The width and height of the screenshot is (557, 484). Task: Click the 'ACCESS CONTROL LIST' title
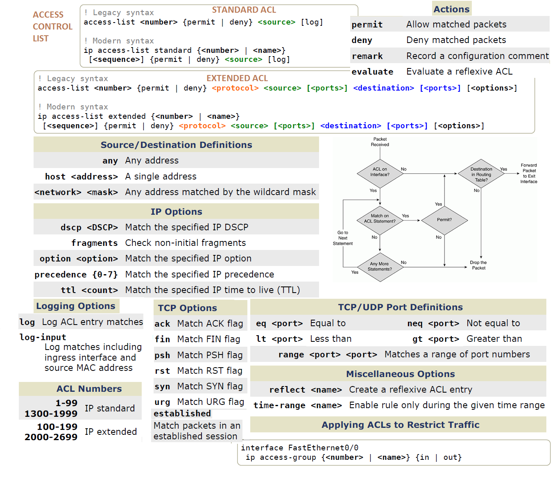pos(52,27)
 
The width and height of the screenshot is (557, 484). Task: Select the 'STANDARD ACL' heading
pos(244,10)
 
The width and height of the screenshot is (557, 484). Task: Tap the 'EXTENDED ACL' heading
pos(237,78)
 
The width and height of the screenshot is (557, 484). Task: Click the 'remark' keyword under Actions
pos(367,56)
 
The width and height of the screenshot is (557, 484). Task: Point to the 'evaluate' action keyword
pos(372,72)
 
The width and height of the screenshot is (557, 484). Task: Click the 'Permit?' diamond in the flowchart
pos(444,220)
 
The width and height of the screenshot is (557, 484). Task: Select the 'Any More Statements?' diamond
pos(380,267)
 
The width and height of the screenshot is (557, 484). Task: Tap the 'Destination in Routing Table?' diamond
pos(481,174)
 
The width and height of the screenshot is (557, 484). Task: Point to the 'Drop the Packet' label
pos(478,265)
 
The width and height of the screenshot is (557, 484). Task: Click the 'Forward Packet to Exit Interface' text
pos(529,173)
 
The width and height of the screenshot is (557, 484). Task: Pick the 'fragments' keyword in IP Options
pos(95,243)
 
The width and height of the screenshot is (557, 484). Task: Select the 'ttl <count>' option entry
pos(89,290)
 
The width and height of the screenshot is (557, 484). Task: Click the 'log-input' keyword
pos(43,337)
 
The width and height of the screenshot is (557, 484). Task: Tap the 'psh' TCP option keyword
pos(162,355)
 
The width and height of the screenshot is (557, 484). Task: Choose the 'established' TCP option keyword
pos(182,414)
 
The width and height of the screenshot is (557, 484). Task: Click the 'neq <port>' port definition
pos(433,323)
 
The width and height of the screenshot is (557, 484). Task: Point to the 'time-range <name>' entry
pos(297,405)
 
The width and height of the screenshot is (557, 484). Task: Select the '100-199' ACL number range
pos(57,427)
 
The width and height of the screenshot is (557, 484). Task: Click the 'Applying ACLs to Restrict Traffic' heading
pos(400,425)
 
